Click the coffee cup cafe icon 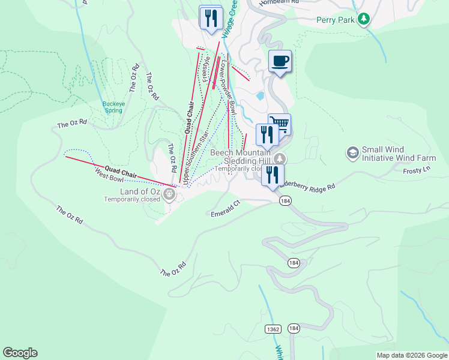[x=280, y=61]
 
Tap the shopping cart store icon [x=279, y=124]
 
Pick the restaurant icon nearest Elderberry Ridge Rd [x=273, y=175]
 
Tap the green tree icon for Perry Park [x=363, y=20]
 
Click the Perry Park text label [x=336, y=19]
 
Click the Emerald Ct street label [x=225, y=208]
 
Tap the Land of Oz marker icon [x=169, y=193]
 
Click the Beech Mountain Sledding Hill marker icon [x=280, y=159]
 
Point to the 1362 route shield [x=273, y=329]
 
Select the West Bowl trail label [x=109, y=175]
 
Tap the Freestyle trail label [x=207, y=69]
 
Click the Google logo [x=20, y=353]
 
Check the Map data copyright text [x=412, y=355]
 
